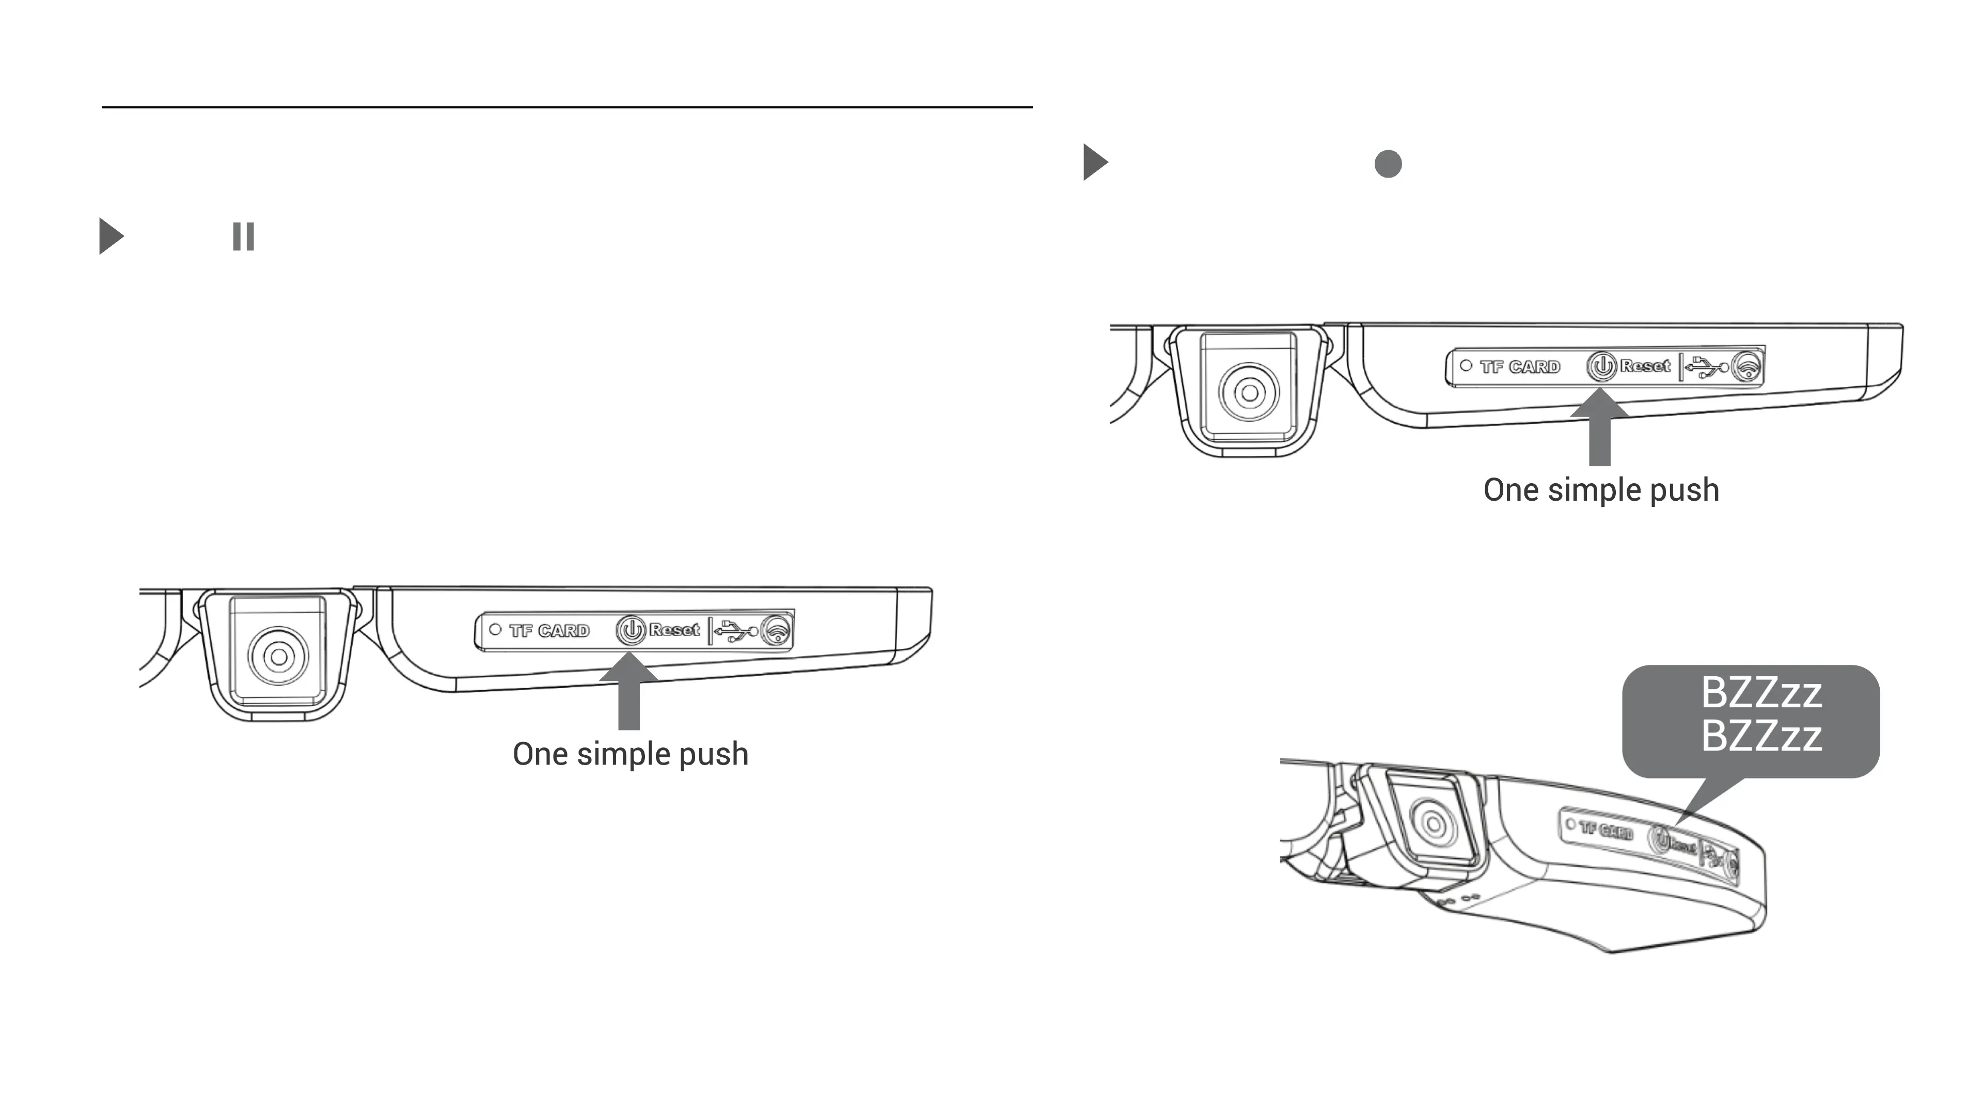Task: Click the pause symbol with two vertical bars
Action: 243,236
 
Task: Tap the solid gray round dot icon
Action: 1388,164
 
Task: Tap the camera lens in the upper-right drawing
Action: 1249,392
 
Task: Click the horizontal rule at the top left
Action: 566,107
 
